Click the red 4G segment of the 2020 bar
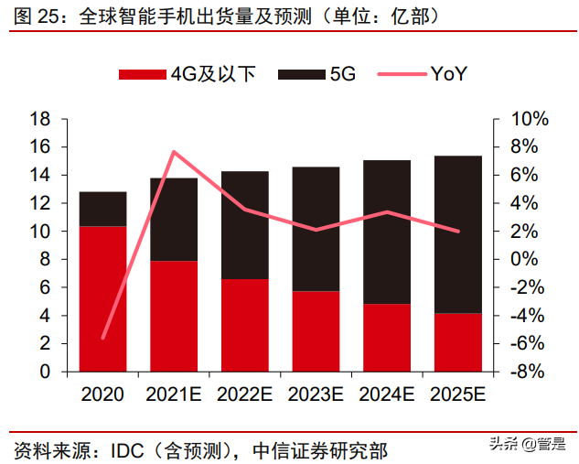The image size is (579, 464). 102,298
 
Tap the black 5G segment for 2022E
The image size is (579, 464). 245,225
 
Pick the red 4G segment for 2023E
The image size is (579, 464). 316,331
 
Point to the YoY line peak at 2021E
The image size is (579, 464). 174,152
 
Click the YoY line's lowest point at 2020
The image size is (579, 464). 102,338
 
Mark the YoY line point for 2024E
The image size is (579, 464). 387,212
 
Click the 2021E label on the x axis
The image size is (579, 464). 174,394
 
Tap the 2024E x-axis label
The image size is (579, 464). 387,394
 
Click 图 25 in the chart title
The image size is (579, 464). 35,16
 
